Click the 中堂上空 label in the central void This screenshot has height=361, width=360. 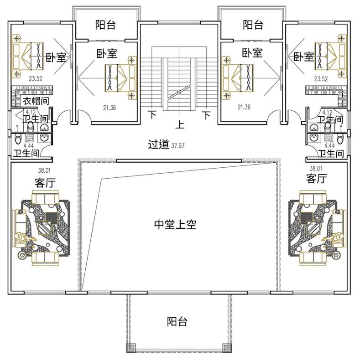(x=175, y=224)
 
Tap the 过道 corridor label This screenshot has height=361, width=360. (x=159, y=144)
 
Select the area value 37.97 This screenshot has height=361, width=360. (x=177, y=145)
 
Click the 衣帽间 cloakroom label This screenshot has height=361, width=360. (x=36, y=101)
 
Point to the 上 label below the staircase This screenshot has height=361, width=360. (x=180, y=124)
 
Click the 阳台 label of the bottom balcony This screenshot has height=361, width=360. (x=177, y=321)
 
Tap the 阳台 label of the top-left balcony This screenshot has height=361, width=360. (x=105, y=25)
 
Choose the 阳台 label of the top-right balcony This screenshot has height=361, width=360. (x=253, y=25)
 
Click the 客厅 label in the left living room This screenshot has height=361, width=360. (x=45, y=183)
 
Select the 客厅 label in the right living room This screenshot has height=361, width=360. (x=317, y=178)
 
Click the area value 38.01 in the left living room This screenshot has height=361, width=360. (x=44, y=170)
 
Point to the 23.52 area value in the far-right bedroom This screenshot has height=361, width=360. (x=321, y=79)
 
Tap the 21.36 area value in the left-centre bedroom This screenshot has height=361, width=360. (x=110, y=108)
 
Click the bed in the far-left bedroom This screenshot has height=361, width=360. (x=28, y=56)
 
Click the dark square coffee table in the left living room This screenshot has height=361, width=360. (x=52, y=218)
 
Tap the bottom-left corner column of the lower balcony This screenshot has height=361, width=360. (x=131, y=348)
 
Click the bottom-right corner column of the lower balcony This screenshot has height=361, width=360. (x=227, y=348)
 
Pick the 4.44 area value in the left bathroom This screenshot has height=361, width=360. (x=29, y=146)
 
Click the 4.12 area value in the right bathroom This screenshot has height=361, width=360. (x=327, y=113)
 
